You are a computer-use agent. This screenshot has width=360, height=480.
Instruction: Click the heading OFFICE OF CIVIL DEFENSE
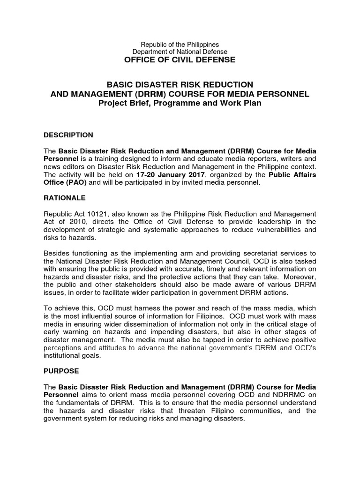(180, 60)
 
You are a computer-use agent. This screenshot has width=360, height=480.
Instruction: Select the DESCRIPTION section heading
(68, 135)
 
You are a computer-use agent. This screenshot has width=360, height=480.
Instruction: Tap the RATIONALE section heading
(65, 198)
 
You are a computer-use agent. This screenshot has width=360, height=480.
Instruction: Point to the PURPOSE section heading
(61, 371)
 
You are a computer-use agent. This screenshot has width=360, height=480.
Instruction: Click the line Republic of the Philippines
(180, 45)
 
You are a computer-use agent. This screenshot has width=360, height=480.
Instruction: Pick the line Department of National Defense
(180, 52)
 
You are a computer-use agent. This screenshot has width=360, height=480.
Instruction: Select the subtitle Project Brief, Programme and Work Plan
(180, 103)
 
